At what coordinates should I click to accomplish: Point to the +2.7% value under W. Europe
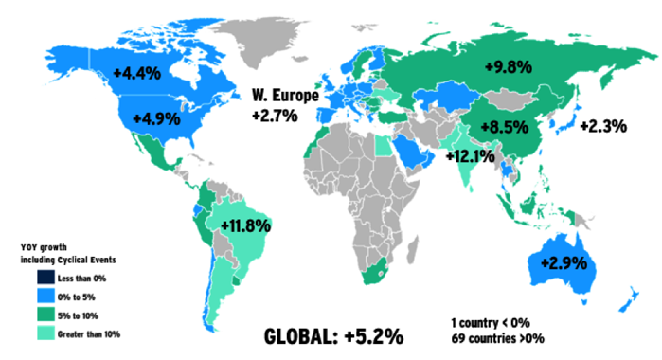pos(275,116)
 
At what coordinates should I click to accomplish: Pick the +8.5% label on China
pos(504,126)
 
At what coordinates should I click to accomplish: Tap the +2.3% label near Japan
pos(603,125)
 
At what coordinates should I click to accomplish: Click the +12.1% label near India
pos(471,155)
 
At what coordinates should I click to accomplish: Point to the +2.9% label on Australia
pos(564,260)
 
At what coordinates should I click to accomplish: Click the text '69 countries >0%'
pos(501,339)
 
